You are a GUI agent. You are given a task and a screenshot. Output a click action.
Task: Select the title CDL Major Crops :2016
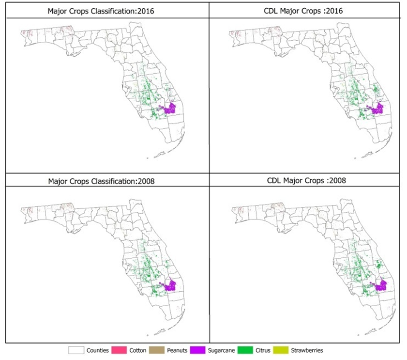[305, 11]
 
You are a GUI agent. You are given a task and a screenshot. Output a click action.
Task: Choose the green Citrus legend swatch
[256, 350]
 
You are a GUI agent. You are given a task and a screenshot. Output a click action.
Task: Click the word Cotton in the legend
[138, 350]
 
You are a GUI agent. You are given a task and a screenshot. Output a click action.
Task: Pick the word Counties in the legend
[97, 350]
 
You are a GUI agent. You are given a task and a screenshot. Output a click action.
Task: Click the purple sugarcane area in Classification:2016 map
[170, 109]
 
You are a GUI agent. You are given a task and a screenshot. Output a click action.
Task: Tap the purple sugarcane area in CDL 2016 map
[376, 108]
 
